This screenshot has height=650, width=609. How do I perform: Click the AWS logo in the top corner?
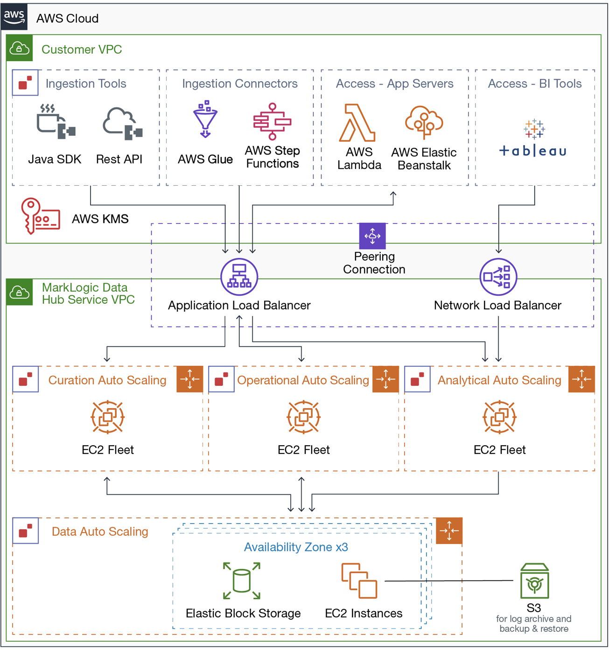14,17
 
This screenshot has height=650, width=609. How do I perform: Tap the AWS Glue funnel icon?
205,119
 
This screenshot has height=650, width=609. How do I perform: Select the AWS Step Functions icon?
272,122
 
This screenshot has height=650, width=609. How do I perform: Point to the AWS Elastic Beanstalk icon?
424,122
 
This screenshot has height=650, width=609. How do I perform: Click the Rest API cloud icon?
122,123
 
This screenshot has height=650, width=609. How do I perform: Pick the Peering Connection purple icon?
372,236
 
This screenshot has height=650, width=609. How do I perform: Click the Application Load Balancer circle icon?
239,277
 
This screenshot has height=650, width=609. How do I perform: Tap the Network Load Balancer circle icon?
498,277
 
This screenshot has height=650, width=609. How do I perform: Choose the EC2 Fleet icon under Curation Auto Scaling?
108,417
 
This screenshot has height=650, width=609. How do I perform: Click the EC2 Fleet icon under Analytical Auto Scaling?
499,417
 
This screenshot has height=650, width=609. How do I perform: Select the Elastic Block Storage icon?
242,581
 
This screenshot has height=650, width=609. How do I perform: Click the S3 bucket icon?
534,581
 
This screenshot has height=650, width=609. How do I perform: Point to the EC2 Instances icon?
359,581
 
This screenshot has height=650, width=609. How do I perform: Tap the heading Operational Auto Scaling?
303,380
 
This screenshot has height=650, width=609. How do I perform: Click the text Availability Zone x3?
296,547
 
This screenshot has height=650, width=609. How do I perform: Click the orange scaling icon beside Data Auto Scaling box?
449,531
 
